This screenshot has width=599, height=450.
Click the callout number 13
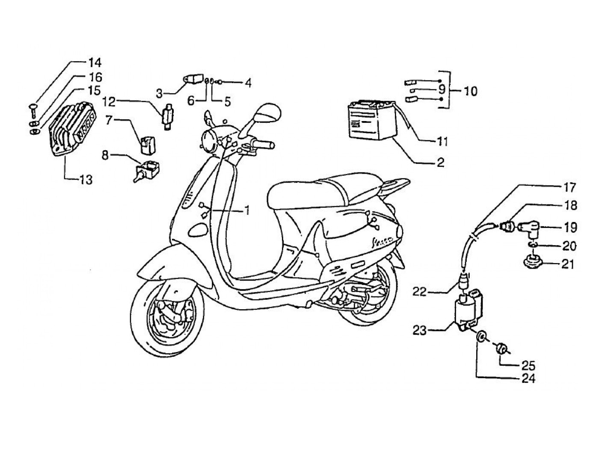tap(86, 180)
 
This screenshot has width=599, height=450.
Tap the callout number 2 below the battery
tap(440, 162)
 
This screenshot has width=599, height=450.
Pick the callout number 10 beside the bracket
tap(470, 91)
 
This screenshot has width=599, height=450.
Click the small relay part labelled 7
tap(147, 144)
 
